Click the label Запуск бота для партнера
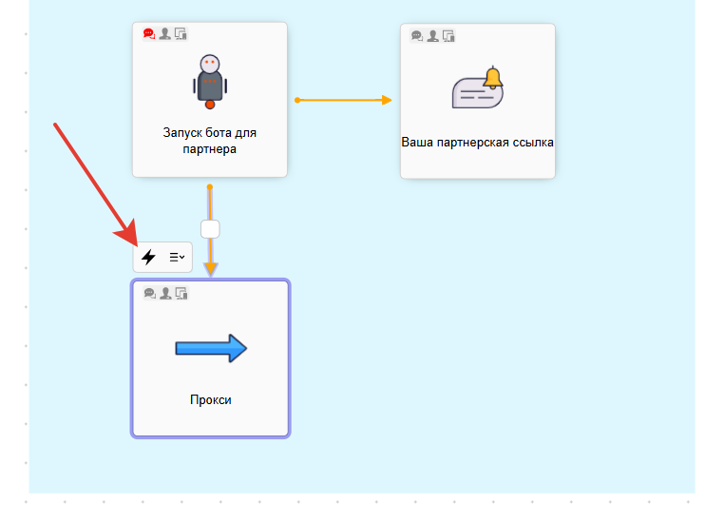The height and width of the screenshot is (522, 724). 209,141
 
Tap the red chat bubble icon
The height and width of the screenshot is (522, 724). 149,34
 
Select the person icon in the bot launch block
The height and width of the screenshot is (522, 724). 165,34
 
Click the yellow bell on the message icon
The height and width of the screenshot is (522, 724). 492,78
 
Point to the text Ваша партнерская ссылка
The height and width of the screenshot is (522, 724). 477,143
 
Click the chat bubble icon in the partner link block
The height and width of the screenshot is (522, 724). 417,36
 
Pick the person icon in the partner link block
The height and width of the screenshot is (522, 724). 433,36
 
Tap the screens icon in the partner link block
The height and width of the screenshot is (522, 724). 448,36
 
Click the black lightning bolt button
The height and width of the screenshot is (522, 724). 148,257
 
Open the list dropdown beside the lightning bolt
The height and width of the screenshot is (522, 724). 177,257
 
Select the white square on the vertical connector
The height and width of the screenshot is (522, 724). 210,228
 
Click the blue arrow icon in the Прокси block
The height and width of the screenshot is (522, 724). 211,349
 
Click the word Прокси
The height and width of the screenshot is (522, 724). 210,400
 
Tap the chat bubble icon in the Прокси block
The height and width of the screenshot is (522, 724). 149,293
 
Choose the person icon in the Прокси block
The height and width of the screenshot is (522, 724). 165,293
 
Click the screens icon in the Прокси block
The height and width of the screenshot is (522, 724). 181,293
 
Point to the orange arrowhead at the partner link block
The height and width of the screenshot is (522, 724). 386,100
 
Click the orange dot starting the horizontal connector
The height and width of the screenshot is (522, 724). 297,100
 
